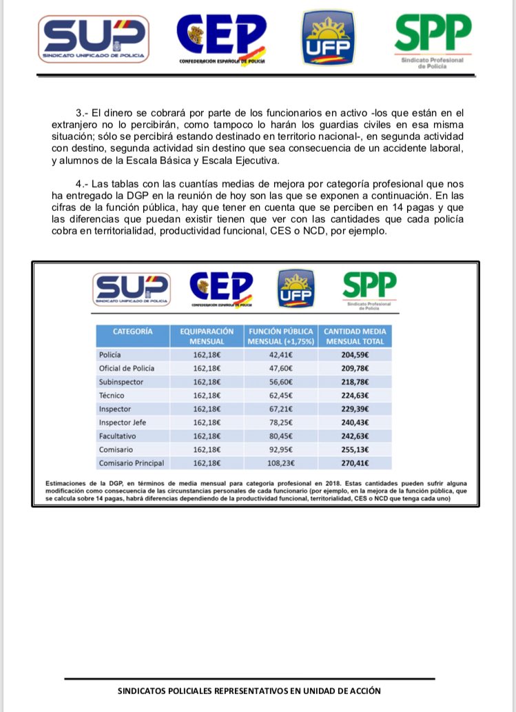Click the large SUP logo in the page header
(94, 39)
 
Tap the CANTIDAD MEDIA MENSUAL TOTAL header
(355, 336)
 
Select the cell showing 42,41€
(280, 354)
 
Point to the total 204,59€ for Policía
(355, 354)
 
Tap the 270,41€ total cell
(355, 462)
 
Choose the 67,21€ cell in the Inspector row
(280, 409)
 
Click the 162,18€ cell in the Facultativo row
(207, 436)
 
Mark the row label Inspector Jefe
(123, 422)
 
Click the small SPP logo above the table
(369, 287)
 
